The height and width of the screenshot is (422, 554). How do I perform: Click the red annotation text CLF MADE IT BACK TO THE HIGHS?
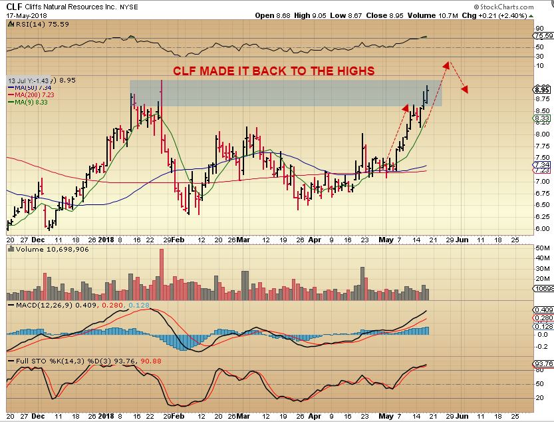click(x=274, y=71)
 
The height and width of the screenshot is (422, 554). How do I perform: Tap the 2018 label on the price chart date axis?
click(x=106, y=238)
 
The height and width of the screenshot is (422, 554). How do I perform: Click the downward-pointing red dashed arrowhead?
click(x=466, y=90)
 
